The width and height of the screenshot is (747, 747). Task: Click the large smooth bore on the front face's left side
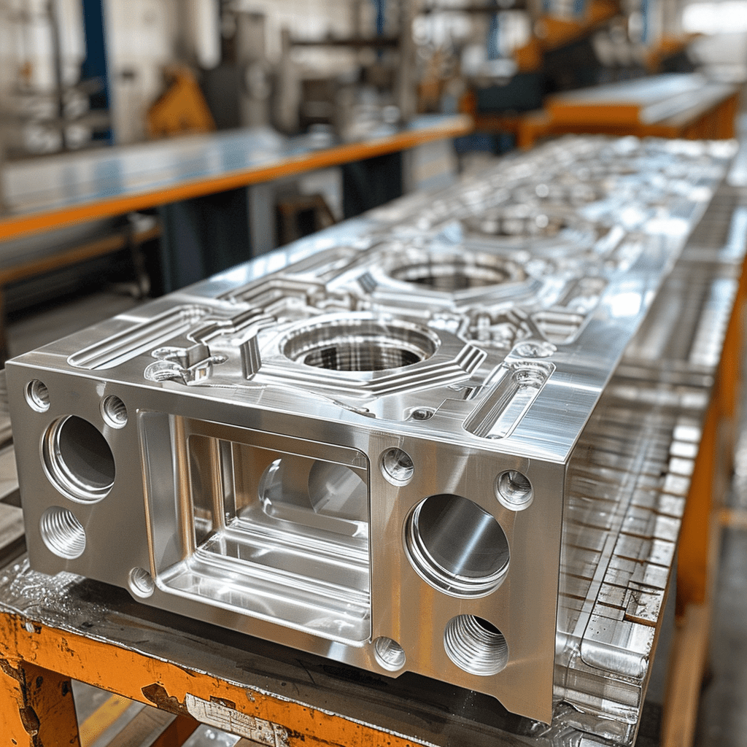click(x=78, y=458)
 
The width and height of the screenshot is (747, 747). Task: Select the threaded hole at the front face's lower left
click(x=63, y=532)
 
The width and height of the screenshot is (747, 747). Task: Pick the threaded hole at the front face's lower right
click(x=476, y=644)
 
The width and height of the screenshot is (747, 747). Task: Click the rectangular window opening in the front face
click(x=263, y=525)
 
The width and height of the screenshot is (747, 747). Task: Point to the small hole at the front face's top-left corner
click(x=37, y=395)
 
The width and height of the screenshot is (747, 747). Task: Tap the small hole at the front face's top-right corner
click(x=514, y=489)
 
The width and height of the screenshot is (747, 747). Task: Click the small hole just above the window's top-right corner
click(x=397, y=465)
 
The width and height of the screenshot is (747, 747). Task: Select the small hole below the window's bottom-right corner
click(x=390, y=653)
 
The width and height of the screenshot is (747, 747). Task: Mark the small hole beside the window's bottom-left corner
click(x=141, y=581)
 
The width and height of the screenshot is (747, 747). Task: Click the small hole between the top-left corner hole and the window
click(x=114, y=411)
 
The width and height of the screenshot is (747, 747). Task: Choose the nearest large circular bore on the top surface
click(x=359, y=347)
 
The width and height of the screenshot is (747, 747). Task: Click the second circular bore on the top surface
click(x=451, y=274)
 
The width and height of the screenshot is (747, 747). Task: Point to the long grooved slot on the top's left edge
click(x=139, y=336)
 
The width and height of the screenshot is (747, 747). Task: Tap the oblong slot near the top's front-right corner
click(x=509, y=398)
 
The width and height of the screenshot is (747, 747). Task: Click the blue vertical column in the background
click(x=96, y=66)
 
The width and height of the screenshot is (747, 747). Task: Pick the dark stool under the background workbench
click(x=303, y=219)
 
